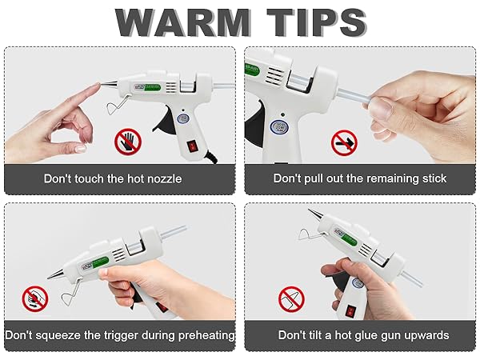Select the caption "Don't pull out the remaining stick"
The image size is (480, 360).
[360, 178]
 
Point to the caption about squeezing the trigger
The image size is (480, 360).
[120, 334]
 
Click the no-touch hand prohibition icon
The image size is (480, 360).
[126, 142]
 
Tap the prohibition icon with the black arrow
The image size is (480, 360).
[344, 143]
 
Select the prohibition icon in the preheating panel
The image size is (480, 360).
[34, 298]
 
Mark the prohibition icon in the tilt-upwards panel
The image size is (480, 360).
[291, 299]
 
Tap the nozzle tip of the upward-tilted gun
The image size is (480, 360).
[311, 211]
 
